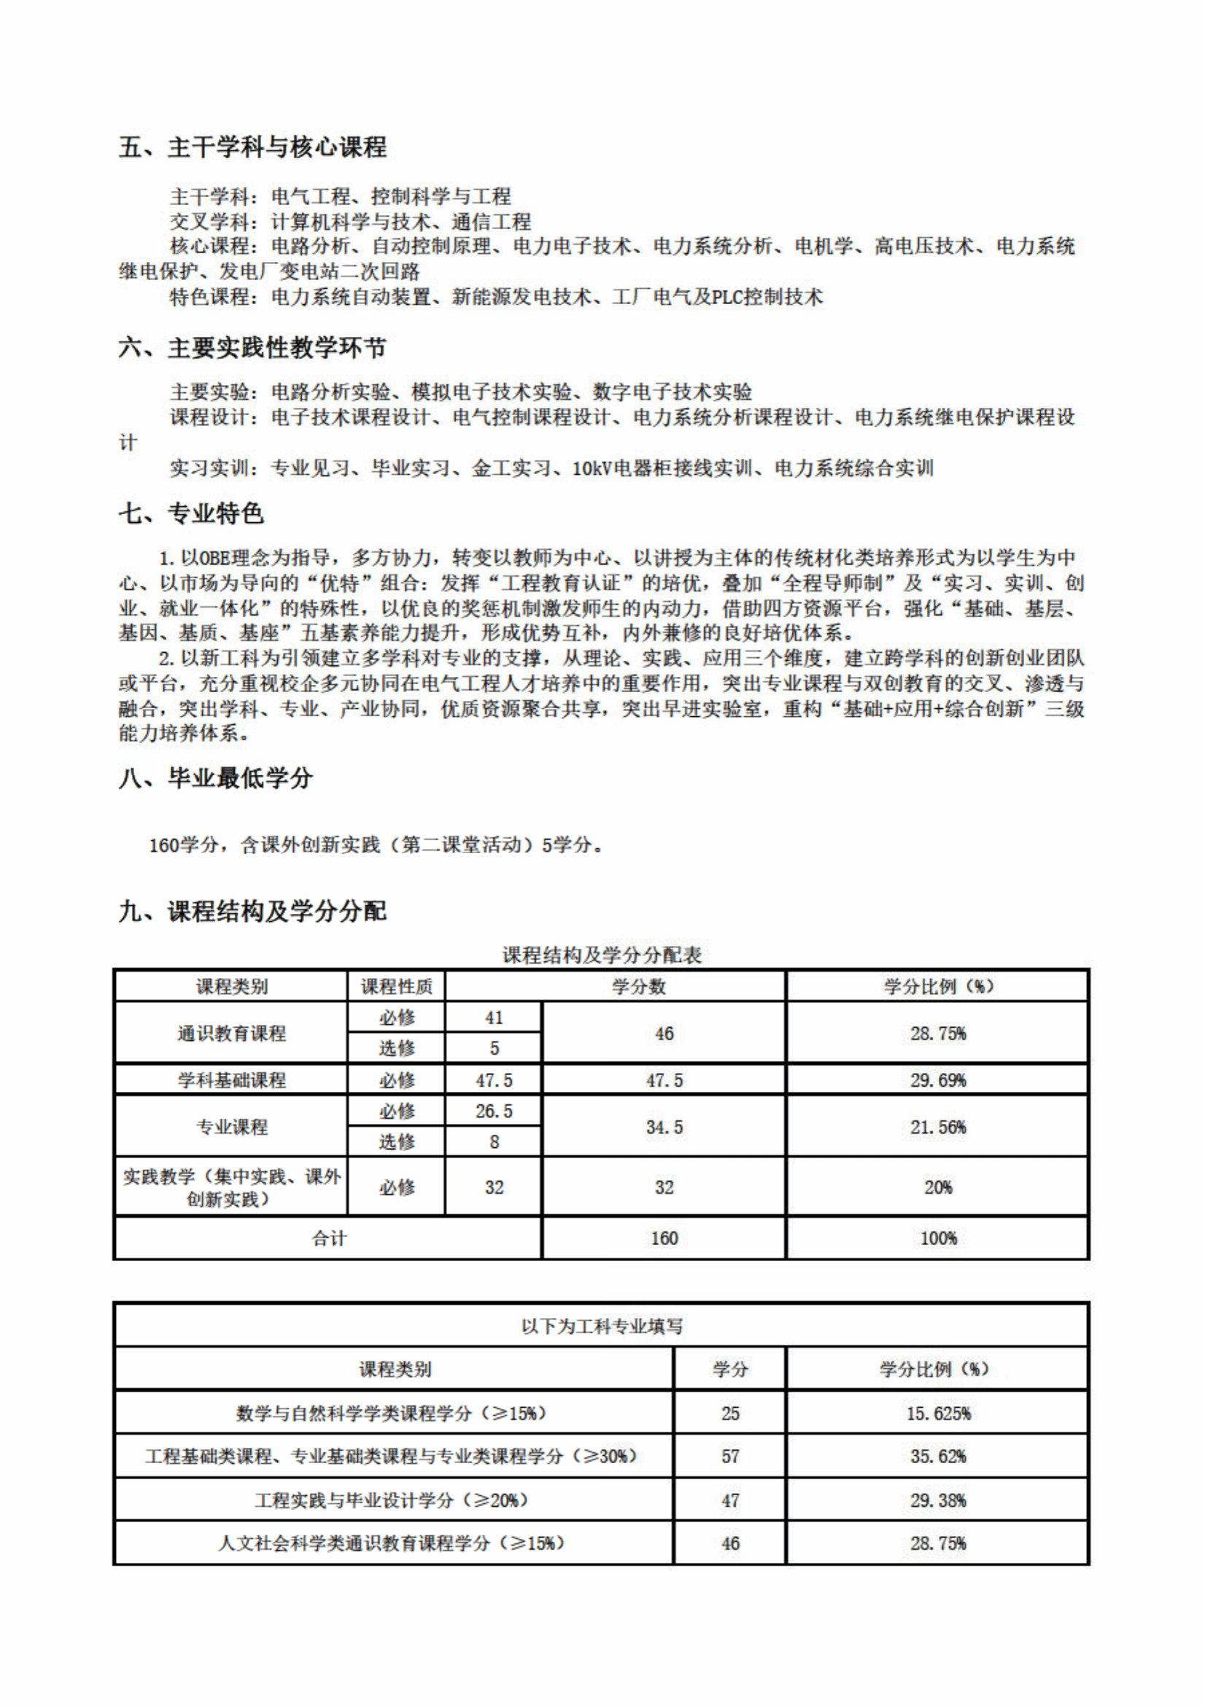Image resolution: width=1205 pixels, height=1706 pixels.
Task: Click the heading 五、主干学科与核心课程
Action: click(252, 147)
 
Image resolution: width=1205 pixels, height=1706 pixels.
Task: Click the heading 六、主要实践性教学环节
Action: click(252, 348)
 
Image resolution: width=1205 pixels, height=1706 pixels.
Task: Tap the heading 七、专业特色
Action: click(191, 513)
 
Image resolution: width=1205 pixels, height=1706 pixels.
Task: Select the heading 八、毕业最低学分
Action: click(215, 778)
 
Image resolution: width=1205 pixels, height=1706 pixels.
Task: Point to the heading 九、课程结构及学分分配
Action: click(252, 911)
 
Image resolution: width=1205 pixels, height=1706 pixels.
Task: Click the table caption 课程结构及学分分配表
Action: click(602, 955)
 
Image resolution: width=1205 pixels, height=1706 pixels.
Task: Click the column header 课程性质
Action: click(396, 987)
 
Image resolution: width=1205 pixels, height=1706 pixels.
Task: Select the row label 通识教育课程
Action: click(231, 1033)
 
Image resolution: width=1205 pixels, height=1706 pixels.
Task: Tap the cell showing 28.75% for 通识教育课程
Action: click(937, 1033)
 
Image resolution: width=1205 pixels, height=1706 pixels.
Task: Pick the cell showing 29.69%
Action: click(937, 1079)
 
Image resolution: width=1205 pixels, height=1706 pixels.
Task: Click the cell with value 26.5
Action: click(494, 1111)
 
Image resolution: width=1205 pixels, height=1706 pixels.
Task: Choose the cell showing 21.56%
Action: click(937, 1126)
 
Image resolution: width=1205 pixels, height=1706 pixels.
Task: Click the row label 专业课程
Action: click(231, 1126)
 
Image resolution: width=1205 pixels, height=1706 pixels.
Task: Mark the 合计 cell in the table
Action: click(328, 1238)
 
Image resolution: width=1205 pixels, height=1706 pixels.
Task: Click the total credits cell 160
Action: click(664, 1238)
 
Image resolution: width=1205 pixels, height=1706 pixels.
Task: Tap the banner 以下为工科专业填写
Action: click(602, 1326)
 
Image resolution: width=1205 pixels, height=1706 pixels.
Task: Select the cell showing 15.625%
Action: click(937, 1414)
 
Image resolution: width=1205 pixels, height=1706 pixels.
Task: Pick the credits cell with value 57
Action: click(729, 1457)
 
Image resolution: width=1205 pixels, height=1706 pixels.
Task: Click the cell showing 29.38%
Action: click(937, 1500)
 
